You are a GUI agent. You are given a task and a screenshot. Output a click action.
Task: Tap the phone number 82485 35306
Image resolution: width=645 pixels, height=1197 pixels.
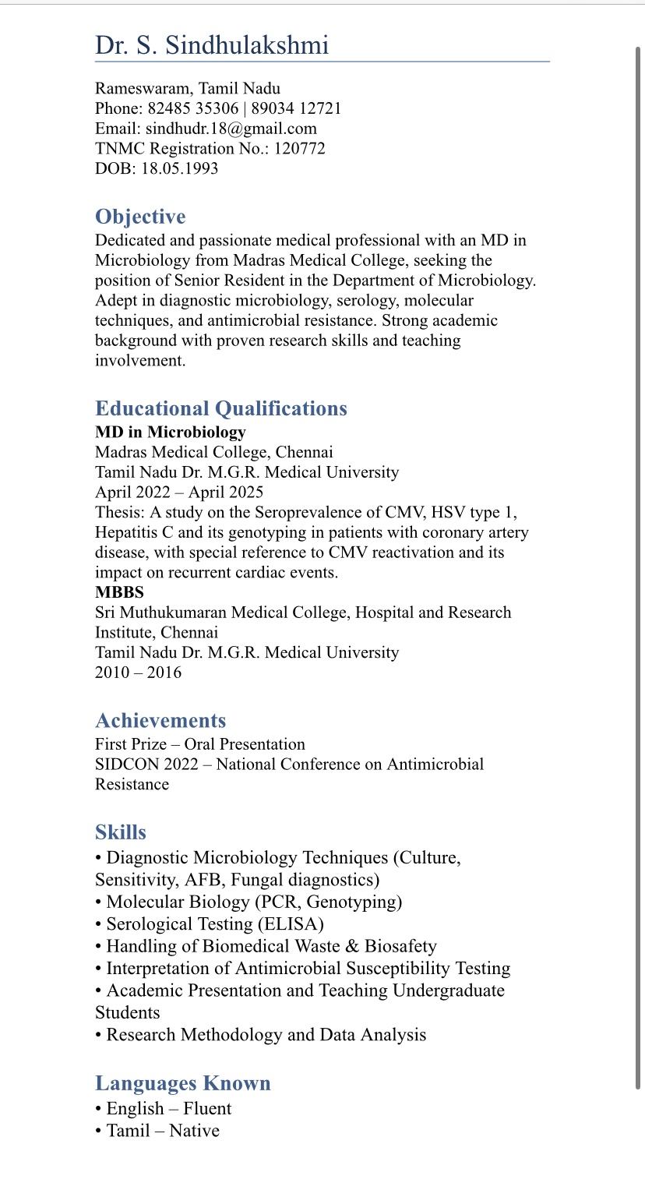coord(193,108)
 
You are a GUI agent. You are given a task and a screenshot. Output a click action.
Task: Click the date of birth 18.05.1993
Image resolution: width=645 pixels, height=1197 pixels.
coord(179,168)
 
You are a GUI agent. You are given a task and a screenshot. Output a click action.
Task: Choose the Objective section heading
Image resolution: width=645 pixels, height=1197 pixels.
coord(140,217)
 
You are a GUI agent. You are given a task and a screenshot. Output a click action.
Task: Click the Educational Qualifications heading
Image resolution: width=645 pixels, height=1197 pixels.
coord(221,408)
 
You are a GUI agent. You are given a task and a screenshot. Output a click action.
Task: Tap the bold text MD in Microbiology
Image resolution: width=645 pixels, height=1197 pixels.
coord(170,432)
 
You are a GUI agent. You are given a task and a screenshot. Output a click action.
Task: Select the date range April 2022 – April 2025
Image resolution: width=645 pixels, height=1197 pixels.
coord(179,492)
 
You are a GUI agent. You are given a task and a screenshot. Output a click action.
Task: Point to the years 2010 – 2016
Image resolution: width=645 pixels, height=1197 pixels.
coord(138,673)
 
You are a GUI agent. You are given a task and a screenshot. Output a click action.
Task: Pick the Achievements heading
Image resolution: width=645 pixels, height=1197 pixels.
coord(160,720)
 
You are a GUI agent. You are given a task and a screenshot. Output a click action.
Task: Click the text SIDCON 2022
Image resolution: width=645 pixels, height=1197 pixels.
coord(146,764)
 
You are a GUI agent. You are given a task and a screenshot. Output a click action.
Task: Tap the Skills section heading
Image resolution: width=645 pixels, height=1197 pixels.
coord(121,832)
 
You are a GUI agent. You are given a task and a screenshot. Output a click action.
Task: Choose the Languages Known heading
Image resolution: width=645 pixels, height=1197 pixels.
coord(183,1083)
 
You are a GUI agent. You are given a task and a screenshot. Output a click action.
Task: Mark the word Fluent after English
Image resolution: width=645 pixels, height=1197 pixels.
coord(207,1108)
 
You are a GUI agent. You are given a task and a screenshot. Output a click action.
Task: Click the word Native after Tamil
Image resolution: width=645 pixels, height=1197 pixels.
coord(194,1130)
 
